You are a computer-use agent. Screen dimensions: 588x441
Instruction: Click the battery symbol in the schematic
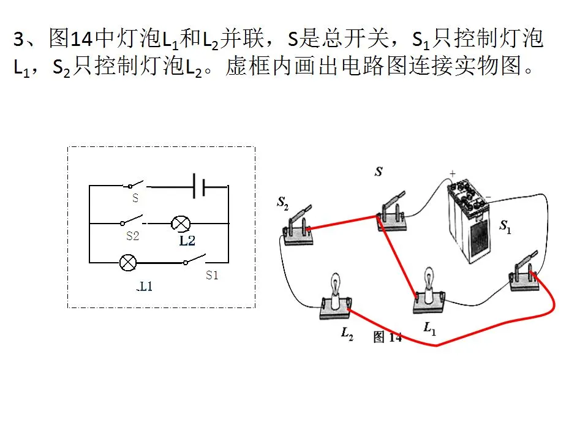point(198,186)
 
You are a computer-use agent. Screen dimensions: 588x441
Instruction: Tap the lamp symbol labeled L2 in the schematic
point(181,224)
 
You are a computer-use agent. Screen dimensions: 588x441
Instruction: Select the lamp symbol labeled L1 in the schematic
point(128,263)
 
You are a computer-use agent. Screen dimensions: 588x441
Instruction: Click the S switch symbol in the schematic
point(134,184)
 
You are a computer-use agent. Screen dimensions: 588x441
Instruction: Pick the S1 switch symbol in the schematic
point(194,260)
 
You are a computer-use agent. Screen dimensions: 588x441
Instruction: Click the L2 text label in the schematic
point(187,241)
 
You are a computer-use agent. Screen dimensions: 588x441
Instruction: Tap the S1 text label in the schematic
point(212,275)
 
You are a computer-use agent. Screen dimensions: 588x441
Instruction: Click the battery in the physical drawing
point(468,221)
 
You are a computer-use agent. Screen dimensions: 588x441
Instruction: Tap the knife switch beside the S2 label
point(298,226)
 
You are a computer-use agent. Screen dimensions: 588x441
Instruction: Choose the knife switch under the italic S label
point(392,211)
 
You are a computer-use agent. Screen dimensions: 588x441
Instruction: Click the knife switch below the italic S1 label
point(524,272)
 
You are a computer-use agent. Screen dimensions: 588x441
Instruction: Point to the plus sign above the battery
point(453,173)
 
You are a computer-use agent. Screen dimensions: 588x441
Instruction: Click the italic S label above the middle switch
point(379,171)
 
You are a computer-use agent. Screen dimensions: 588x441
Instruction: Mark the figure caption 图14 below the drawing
point(388,337)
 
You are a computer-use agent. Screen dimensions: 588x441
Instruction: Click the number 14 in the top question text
point(81,39)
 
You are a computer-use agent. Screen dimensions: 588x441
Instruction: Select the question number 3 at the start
point(19,39)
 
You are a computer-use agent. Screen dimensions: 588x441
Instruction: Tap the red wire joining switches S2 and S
point(342,222)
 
